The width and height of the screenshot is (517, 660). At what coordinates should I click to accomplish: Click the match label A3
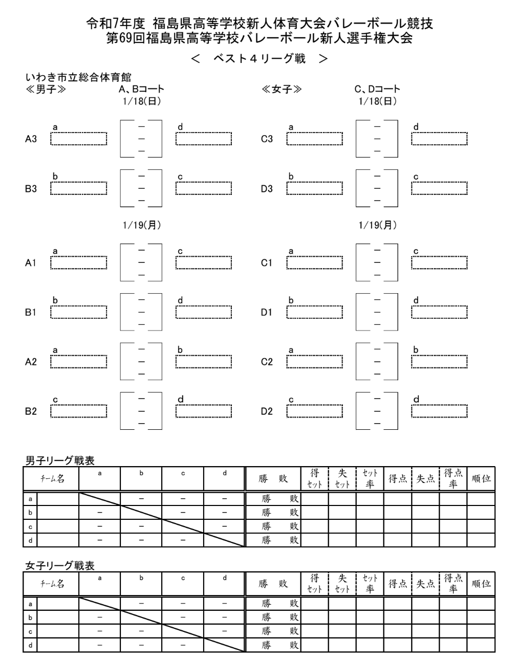tap(31, 139)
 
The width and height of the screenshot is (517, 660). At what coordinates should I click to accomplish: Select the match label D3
tap(267, 189)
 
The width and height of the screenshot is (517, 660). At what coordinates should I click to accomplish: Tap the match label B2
tap(31, 411)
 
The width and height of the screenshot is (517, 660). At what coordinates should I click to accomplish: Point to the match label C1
tap(267, 263)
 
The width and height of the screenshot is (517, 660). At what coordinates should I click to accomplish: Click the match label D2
tap(267, 411)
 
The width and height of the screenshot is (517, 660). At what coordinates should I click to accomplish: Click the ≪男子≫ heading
tap(46, 90)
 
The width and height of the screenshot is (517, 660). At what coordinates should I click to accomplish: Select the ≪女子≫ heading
tap(282, 90)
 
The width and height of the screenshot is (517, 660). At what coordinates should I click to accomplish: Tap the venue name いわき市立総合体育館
tap(78, 78)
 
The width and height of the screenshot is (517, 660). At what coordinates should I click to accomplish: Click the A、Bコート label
tap(141, 90)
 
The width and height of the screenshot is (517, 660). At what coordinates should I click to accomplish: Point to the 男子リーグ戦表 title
tap(60, 460)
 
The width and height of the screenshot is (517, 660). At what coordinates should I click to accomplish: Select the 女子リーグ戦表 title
tap(60, 566)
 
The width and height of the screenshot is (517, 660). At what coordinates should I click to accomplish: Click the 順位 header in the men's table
tap(481, 479)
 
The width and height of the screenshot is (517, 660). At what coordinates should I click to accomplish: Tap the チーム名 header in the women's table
tap(53, 584)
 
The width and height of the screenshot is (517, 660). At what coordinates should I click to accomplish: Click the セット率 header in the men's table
tap(370, 479)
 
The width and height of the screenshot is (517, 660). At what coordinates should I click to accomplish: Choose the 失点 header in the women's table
tap(425, 584)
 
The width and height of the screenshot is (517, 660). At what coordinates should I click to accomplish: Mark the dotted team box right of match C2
tap(439, 362)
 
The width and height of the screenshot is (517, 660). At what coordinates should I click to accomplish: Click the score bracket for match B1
tap(141, 312)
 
